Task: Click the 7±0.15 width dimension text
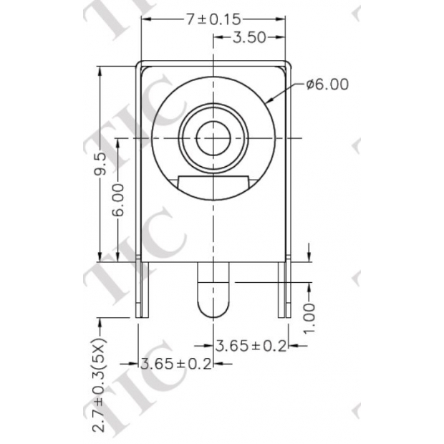[x=213, y=19]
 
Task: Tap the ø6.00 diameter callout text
[x=327, y=85]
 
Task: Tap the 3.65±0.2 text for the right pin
[x=251, y=346]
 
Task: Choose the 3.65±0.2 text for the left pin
[x=177, y=364]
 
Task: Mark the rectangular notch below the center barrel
[x=213, y=185]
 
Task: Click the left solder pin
[x=143, y=289]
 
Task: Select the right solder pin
[x=285, y=289]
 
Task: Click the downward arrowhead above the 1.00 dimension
[x=309, y=256]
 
